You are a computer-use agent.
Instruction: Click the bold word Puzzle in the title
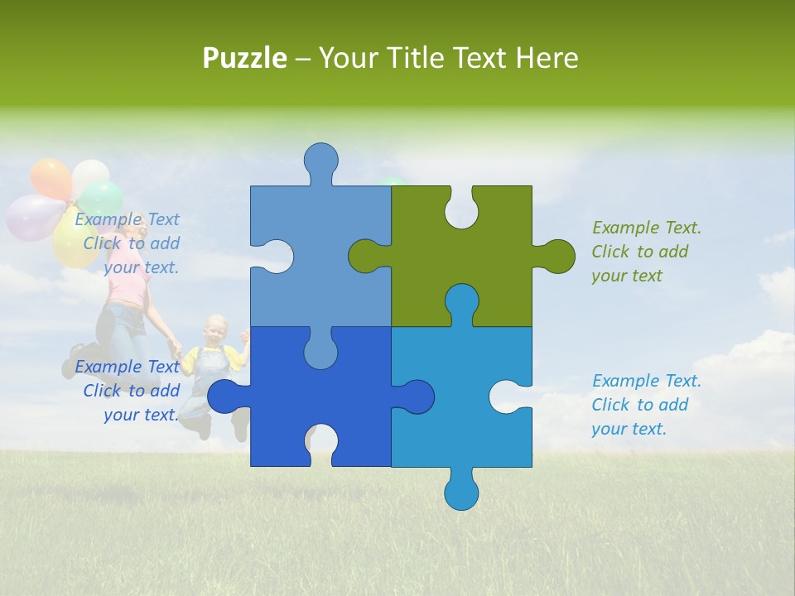pos(245,58)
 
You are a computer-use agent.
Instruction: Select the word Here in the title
pos(546,58)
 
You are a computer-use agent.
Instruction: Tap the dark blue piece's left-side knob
pos(225,397)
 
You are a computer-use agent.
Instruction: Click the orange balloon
pos(51,179)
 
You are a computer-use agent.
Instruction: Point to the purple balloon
pos(31,217)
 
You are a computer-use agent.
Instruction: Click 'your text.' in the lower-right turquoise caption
pos(629,429)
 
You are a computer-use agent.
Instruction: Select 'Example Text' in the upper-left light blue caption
pos(127,219)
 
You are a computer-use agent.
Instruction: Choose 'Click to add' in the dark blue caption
pos(131,391)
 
